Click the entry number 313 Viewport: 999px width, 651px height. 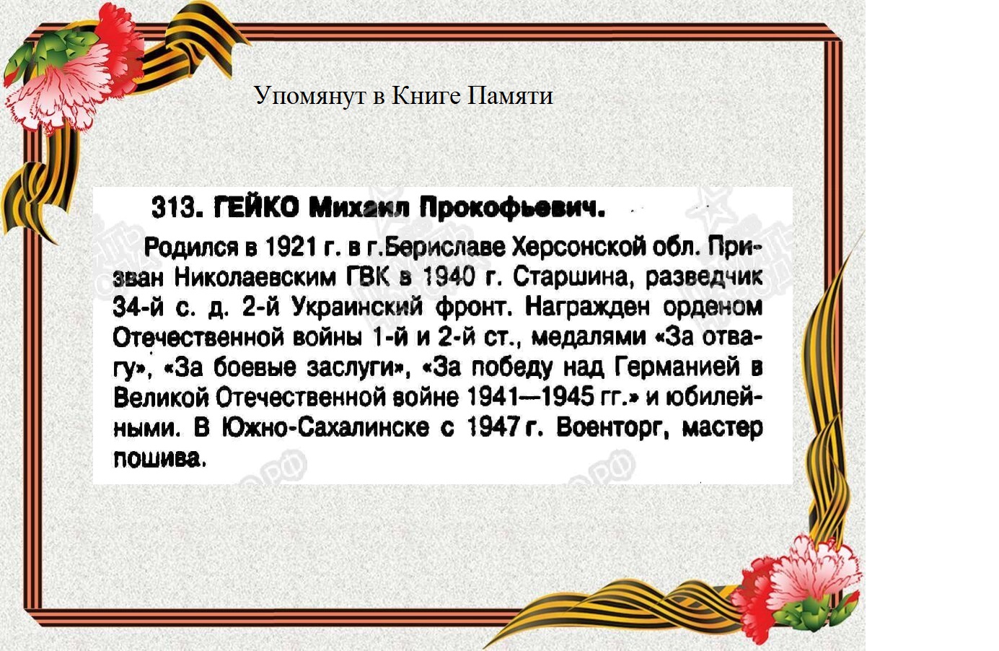pyautogui.click(x=174, y=207)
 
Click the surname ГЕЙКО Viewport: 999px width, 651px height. pyautogui.click(x=256, y=207)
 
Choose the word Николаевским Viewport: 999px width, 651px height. pyautogui.click(x=255, y=278)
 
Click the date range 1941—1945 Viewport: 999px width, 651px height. pyautogui.click(x=531, y=397)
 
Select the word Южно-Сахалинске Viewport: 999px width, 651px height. pyautogui.click(x=325, y=427)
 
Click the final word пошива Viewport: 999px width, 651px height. pyautogui.click(x=160, y=460)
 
